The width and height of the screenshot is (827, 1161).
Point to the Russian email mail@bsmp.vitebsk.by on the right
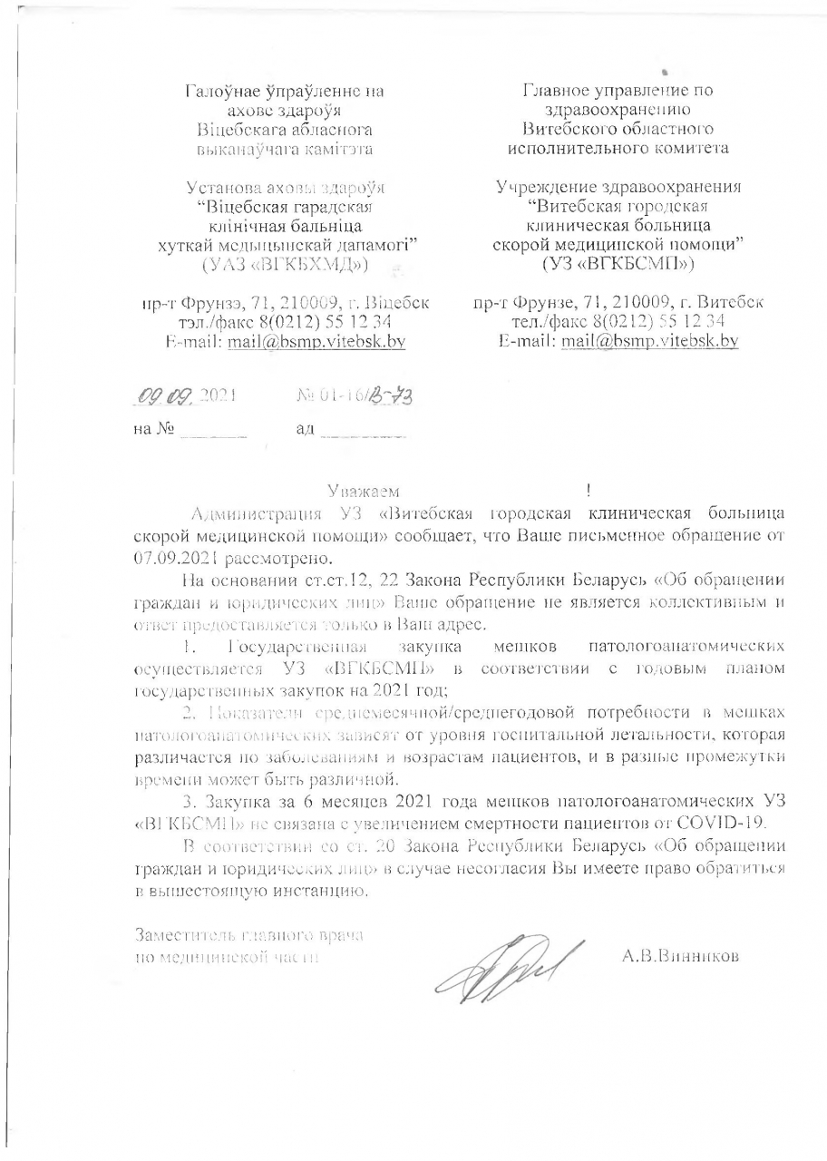click(649, 341)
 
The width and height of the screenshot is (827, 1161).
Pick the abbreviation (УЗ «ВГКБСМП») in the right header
click(618, 264)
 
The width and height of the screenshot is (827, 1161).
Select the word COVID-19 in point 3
click(727, 824)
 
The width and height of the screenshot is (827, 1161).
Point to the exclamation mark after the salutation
click(589, 492)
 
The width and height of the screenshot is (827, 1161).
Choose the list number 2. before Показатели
click(189, 716)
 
